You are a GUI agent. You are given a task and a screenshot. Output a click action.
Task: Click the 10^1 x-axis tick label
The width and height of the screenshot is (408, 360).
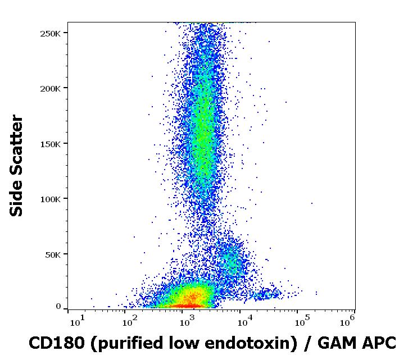pos(78,321)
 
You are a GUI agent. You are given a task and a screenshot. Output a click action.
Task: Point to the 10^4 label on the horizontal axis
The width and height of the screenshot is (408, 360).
pos(243,321)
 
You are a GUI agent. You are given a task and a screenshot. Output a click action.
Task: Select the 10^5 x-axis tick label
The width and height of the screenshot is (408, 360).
pos(301,321)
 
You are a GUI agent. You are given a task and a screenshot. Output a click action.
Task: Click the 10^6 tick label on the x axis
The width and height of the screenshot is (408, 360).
pos(347,321)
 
